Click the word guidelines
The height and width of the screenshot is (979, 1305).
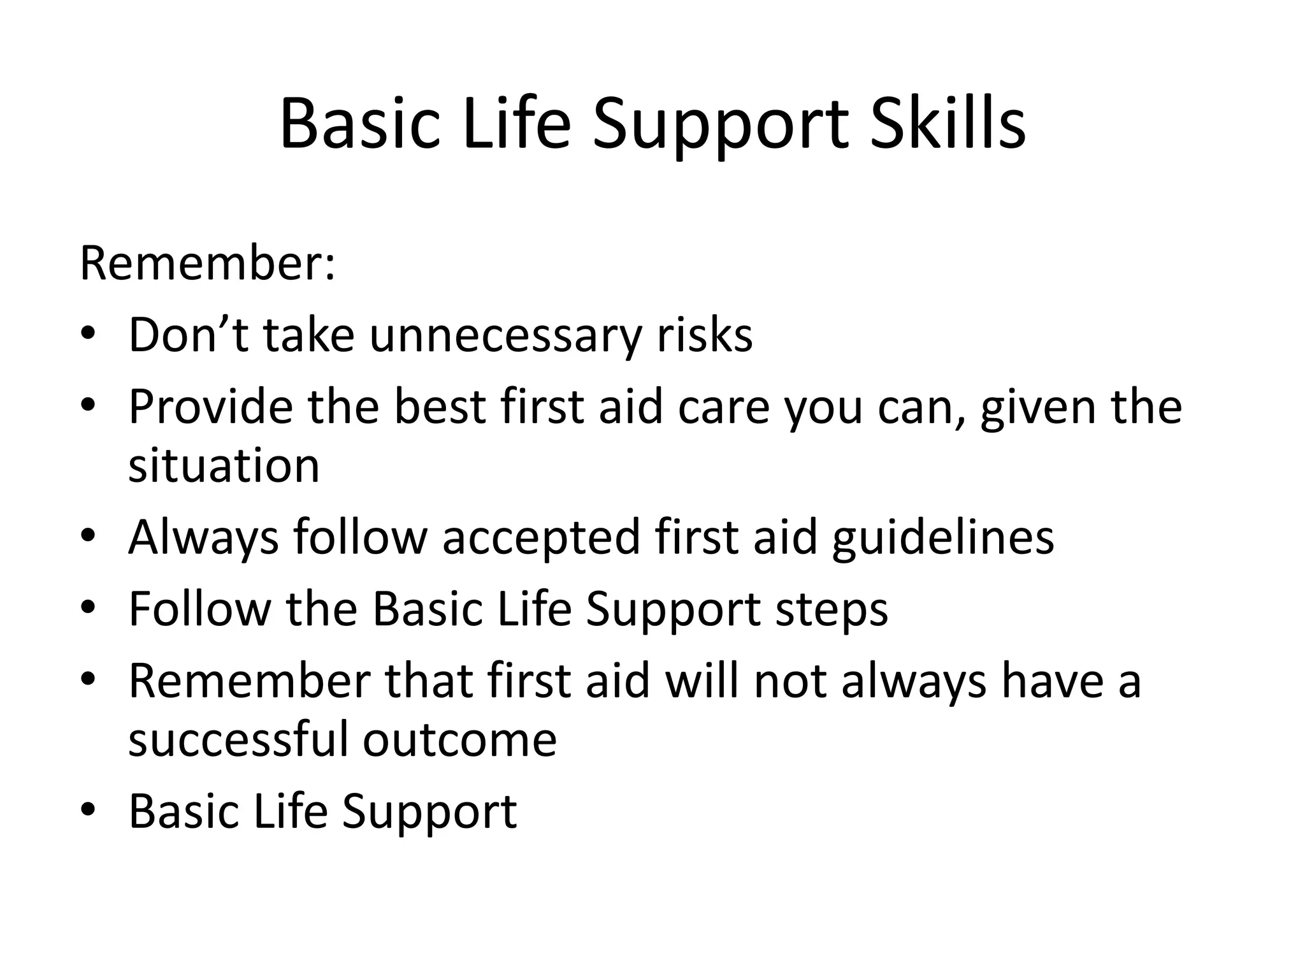[943, 537]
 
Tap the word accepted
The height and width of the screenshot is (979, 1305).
[541, 537]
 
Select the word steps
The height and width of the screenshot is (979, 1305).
[832, 609]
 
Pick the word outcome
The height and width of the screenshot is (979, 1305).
[459, 739]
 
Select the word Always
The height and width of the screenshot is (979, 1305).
[203, 537]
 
